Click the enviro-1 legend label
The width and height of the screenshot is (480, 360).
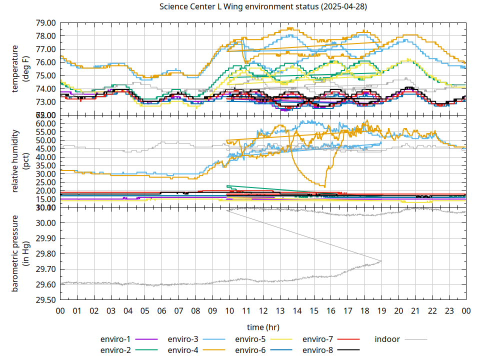(x=115, y=339)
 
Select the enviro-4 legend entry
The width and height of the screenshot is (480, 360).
(x=183, y=350)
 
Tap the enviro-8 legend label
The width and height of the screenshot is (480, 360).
(x=318, y=350)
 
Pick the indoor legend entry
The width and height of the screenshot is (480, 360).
(x=387, y=339)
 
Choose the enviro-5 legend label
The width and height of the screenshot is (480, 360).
(x=250, y=339)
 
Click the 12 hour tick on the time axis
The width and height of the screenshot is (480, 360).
(x=263, y=310)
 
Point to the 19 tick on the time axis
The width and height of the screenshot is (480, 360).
(x=381, y=310)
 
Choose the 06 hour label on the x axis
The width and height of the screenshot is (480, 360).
(x=162, y=310)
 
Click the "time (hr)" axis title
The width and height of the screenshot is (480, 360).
(x=263, y=327)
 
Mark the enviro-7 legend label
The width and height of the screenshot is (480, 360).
(x=318, y=339)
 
